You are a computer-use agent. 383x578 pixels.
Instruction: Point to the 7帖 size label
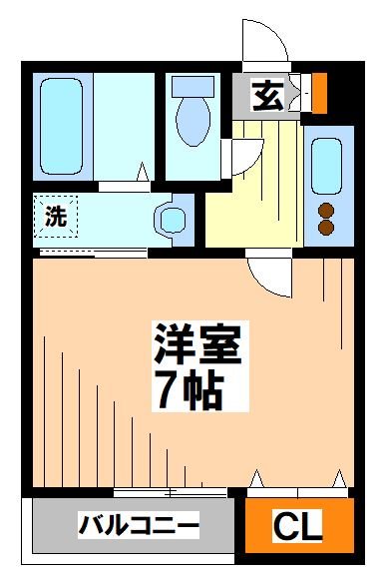(x=187, y=389)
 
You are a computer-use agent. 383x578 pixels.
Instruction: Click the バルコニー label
(x=140, y=524)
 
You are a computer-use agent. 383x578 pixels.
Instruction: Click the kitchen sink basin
(x=325, y=163)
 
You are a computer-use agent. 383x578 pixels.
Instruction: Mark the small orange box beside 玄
(x=319, y=93)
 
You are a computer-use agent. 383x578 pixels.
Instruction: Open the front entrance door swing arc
(x=264, y=46)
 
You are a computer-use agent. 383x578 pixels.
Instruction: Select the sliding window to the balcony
(x=170, y=492)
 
